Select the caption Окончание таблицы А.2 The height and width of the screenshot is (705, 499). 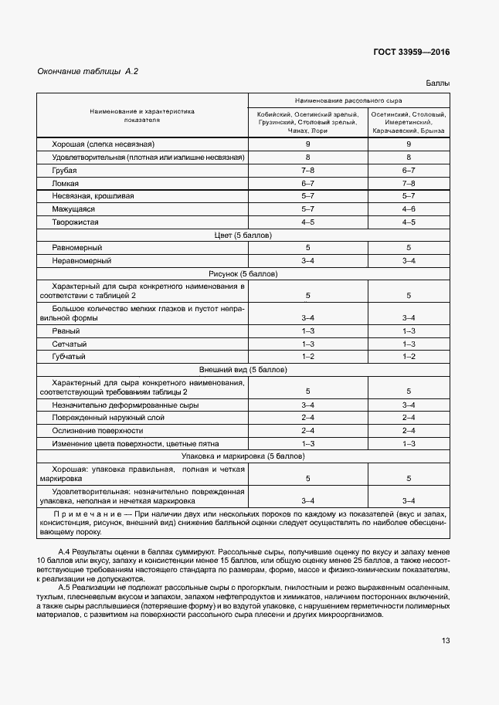coord(87,72)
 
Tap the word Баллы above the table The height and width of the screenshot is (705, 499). coord(437,83)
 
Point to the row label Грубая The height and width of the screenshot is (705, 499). coord(64,170)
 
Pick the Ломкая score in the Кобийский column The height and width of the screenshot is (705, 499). coord(307,183)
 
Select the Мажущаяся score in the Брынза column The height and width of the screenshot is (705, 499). coord(409,209)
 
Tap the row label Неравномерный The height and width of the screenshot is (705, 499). coord(76,260)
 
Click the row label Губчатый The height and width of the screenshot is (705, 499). coord(69,356)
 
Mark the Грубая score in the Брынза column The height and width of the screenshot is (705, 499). coord(409,170)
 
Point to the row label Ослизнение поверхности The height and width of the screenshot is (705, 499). coord(97,430)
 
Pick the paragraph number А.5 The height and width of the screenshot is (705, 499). coord(66,588)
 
